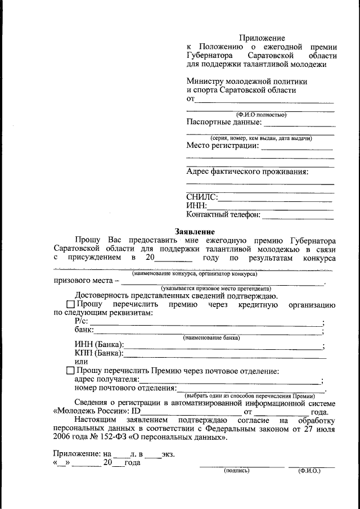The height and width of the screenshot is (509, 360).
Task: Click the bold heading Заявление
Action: coord(195,231)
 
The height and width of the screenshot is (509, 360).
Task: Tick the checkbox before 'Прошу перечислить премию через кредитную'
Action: coord(70,305)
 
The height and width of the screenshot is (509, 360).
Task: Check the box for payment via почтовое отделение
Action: coord(70,371)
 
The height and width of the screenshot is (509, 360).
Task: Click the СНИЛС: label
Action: coord(201,197)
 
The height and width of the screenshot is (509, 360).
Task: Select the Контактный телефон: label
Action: coord(223,214)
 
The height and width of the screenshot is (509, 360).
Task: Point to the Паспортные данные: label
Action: coord(224,121)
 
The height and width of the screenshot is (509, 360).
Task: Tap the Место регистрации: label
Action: coord(222,146)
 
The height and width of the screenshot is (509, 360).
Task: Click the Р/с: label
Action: coord(82,321)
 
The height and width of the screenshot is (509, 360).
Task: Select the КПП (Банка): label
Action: coord(99,353)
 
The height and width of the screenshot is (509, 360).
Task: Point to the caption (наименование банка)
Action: coord(211,337)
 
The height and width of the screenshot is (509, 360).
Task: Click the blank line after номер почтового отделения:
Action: coord(251,390)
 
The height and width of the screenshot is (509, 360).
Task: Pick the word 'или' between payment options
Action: coord(81,362)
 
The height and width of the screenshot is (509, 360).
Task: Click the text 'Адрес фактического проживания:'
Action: coord(247,172)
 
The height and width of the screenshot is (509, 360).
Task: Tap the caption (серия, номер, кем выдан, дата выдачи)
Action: coord(261,138)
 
